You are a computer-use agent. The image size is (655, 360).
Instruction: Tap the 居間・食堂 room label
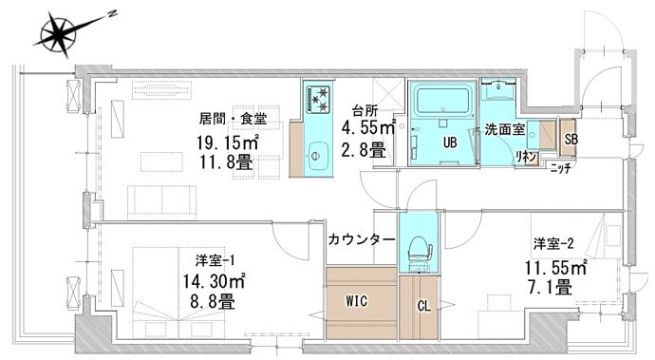point(233,120)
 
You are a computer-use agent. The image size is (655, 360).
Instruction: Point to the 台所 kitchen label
point(365,109)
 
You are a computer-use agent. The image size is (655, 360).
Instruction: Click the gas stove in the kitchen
point(320,97)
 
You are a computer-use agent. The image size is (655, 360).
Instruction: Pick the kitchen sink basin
point(316,150)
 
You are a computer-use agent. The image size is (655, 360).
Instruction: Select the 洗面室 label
point(501,128)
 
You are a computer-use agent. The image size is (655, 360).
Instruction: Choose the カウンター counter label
point(361,239)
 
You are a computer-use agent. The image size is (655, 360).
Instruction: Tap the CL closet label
point(424,306)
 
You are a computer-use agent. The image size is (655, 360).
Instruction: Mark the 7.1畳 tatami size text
point(554,286)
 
